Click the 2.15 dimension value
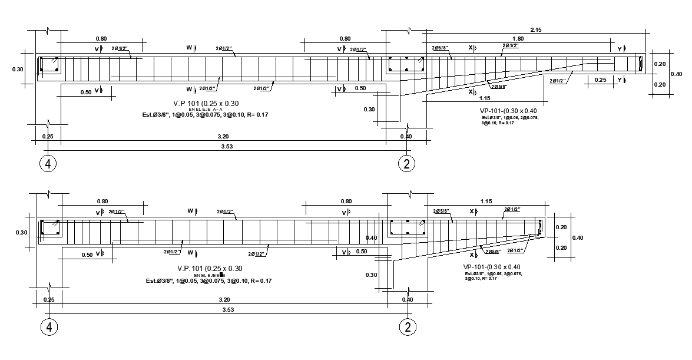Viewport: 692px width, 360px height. pos(535,29)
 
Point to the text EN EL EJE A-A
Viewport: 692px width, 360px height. pos(206,110)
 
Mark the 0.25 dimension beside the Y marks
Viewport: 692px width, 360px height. pos(600,80)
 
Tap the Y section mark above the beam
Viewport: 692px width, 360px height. pos(620,48)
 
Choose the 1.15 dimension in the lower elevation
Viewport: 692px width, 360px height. pos(485,202)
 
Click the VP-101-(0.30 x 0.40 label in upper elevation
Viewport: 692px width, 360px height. pos(508,111)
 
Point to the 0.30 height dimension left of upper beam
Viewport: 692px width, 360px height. pos(18,70)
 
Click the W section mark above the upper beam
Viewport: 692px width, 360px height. pos(190,48)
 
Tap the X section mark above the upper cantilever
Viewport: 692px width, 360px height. pos(472,48)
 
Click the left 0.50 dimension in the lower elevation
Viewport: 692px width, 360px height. pos(86,255)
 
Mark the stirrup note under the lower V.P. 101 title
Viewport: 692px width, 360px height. pos(208,280)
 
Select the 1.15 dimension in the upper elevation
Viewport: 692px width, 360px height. pos(485,98)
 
